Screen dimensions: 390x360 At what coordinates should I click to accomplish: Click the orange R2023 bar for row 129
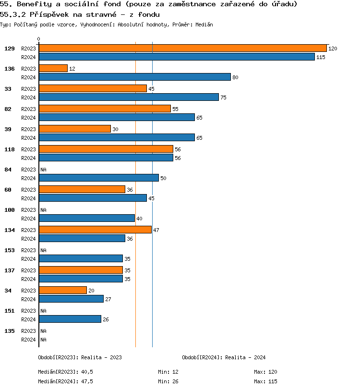182,48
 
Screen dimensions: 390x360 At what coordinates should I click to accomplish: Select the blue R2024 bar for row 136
134,77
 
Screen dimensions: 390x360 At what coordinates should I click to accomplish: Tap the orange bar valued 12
53,68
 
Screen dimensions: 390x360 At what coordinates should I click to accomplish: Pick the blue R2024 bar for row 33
129,97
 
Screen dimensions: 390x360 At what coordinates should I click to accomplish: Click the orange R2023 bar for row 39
74,129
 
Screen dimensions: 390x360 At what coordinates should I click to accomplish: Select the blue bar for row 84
98,178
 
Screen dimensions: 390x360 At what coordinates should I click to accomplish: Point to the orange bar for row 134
95,230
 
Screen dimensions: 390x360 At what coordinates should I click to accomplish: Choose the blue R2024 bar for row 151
70,319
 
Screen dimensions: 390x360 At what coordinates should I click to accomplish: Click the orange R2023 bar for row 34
62,290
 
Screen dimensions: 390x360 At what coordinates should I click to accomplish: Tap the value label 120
333,49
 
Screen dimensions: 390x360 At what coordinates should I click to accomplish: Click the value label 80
235,77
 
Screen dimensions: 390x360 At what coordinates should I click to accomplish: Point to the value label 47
156,230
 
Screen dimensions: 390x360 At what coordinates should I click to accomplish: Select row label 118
10,149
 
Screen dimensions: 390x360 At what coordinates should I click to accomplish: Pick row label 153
10,250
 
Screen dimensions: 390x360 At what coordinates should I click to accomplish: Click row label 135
10,331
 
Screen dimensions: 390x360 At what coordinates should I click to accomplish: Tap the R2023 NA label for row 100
43,210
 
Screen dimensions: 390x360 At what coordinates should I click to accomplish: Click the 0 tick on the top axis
39,39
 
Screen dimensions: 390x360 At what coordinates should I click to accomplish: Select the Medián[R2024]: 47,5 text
65,381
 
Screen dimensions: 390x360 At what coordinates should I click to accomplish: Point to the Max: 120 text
265,372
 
